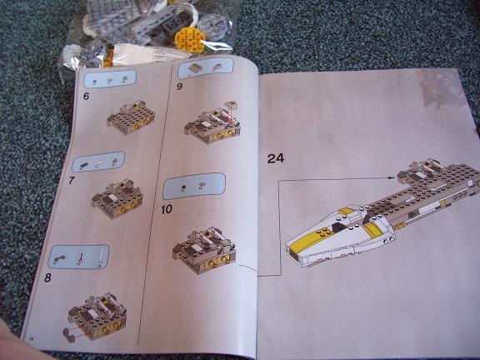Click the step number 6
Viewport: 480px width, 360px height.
86,96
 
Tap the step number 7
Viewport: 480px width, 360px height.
72,180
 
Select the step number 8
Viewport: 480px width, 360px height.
47,277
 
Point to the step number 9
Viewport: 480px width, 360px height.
179,87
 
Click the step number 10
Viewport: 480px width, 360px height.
167,210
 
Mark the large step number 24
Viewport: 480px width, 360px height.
276,158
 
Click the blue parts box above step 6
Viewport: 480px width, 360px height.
110,78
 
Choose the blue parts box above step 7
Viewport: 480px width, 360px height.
98,162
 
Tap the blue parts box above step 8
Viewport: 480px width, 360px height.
78,257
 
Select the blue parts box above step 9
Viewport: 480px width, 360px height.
206,68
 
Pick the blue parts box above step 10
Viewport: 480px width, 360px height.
194,186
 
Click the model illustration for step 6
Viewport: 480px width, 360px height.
131,117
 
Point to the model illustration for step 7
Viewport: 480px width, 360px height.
117,198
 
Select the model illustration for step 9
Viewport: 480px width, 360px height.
212,122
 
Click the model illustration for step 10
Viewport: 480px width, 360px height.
204,250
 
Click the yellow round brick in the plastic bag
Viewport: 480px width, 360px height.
189,40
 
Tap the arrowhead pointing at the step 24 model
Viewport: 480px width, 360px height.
391,177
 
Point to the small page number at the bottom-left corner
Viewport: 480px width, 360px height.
31,338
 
